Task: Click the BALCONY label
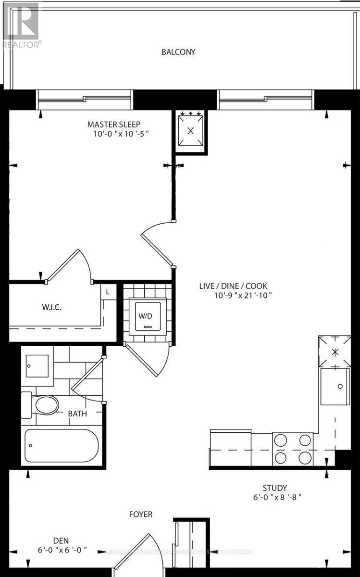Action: pos(178,52)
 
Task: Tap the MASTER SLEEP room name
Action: pos(114,125)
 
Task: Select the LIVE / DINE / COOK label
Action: pos(236,286)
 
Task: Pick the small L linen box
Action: pos(108,291)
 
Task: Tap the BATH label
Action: pos(77,413)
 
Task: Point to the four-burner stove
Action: pos(292,448)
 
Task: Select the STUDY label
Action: pos(275,488)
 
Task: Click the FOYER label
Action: pos(141,514)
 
